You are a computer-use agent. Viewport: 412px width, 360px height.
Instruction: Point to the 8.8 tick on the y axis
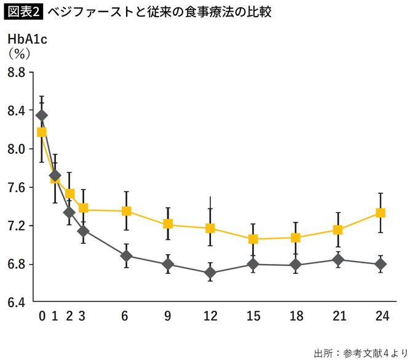coord(16,73)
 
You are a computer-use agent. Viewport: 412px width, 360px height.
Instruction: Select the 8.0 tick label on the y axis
coord(16,149)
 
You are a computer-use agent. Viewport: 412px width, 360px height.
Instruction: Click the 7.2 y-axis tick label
coord(16,226)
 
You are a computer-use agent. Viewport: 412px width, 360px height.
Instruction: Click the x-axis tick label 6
coord(125,316)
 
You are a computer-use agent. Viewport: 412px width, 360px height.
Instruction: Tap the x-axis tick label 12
coord(210,316)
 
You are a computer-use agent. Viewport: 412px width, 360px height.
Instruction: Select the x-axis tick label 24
coord(381,316)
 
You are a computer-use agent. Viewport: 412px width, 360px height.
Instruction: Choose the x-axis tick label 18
coord(296,316)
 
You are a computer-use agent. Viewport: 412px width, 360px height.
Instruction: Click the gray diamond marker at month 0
coord(42,115)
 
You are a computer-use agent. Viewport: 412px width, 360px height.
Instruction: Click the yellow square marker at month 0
coord(42,132)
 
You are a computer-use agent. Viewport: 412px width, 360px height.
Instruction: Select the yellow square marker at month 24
coord(381,213)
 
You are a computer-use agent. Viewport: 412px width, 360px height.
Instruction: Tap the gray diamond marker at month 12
coord(210,273)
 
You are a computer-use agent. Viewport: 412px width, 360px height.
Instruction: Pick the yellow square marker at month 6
coord(126,211)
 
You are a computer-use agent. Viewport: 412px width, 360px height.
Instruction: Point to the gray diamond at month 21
coord(338,260)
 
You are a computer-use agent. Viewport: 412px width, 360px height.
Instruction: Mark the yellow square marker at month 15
coord(253,239)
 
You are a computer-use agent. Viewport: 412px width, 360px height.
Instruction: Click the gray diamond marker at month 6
coord(126,256)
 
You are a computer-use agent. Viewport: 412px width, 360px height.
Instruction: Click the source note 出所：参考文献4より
coord(357,352)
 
